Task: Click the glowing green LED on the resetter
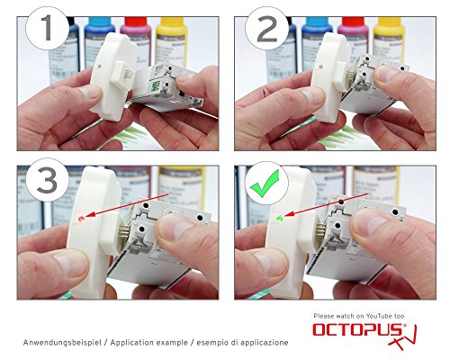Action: click(x=281, y=217)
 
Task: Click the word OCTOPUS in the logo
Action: click(x=350, y=331)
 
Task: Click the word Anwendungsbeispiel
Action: click(x=63, y=343)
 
